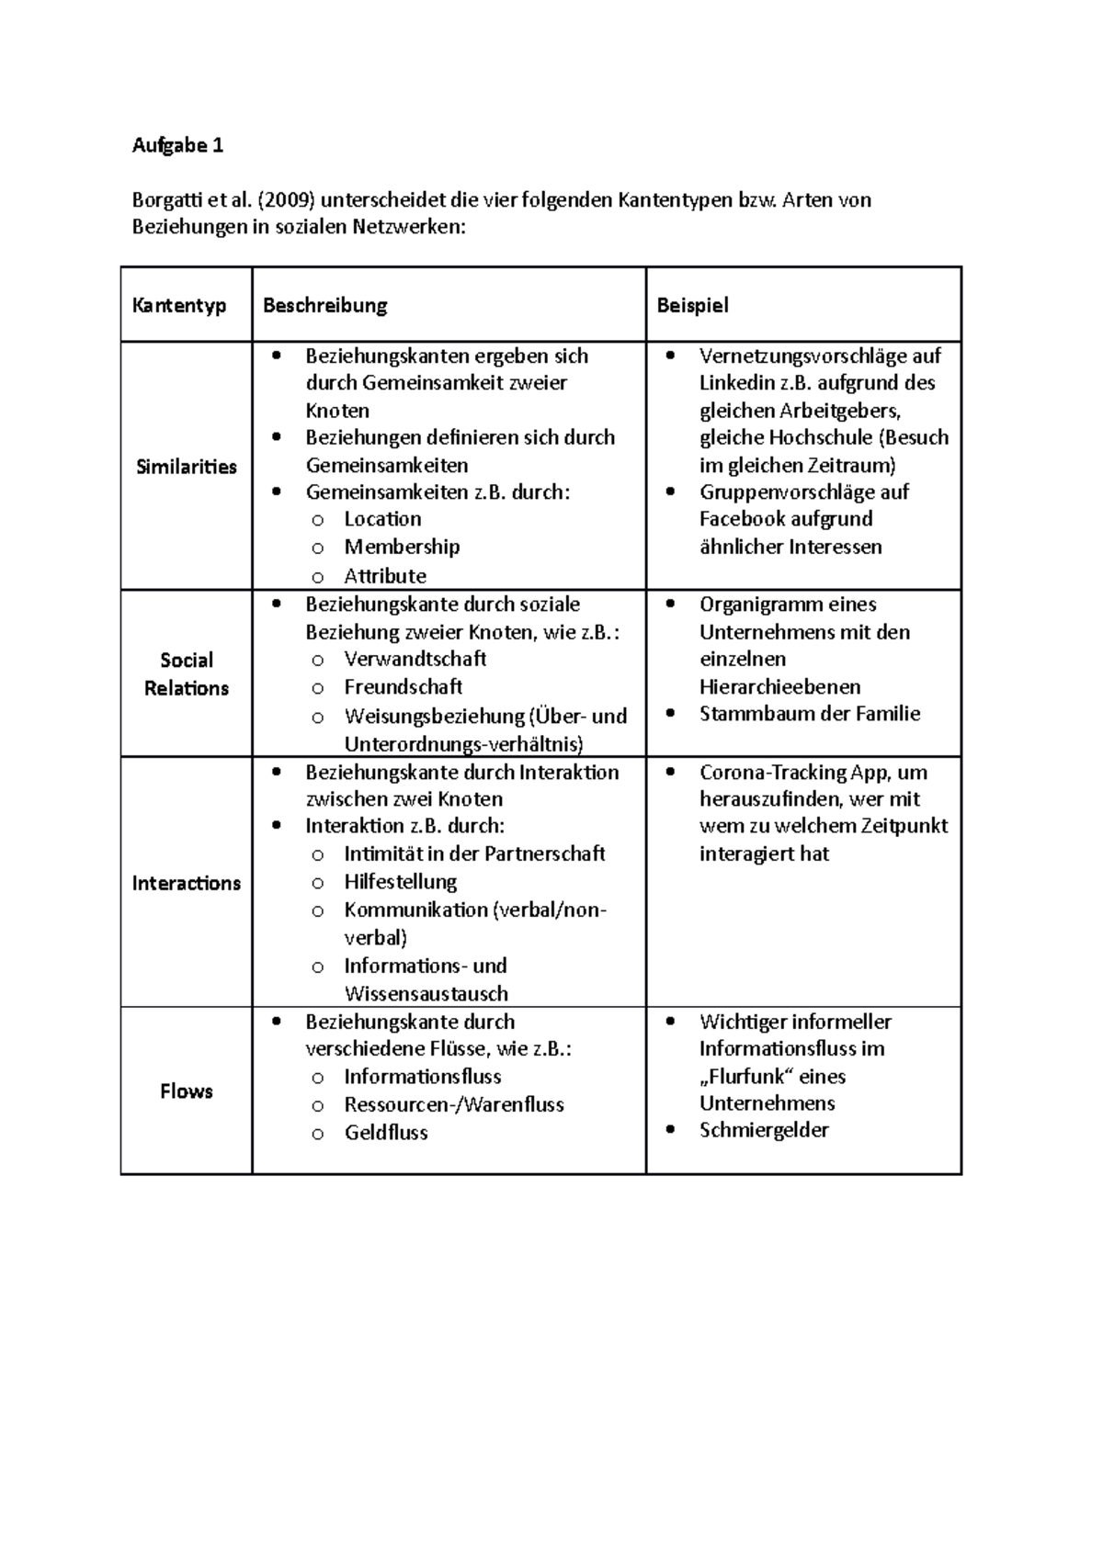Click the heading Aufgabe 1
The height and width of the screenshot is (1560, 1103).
177,145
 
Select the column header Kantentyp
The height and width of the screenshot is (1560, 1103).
179,306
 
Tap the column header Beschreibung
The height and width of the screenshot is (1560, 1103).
324,306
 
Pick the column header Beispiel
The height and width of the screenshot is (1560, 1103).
692,306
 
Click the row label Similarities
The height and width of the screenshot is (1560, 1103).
186,467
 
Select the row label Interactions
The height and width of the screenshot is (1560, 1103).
186,884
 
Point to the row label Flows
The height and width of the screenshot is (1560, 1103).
186,1091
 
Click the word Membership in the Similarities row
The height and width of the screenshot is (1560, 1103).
402,548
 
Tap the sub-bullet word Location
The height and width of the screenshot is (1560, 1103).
382,519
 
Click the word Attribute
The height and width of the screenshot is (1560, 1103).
385,576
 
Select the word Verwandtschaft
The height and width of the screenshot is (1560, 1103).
415,659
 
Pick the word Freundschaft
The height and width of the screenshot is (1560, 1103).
403,687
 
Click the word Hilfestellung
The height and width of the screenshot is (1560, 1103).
400,882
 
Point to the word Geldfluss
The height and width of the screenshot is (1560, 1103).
386,1133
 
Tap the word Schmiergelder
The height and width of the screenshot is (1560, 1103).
763,1131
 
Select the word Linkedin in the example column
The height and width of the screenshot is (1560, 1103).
731,383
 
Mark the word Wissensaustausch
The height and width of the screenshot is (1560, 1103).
426,994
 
